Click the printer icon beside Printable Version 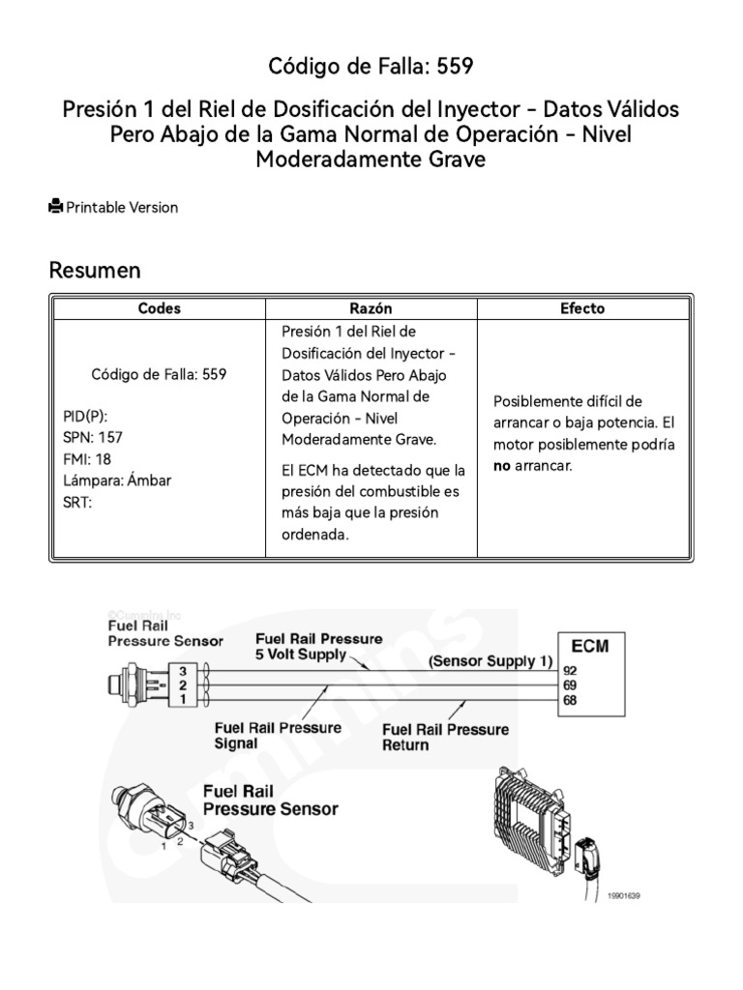[56, 206]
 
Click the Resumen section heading [95, 270]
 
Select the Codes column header [159, 308]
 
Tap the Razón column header [372, 308]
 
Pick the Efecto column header [582, 308]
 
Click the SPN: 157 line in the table [88, 437]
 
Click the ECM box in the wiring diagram [589, 646]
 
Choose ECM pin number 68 [570, 700]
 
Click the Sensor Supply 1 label [490, 661]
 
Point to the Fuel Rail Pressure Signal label [278, 736]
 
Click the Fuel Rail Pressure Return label [445, 737]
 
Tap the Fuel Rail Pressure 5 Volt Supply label [318, 647]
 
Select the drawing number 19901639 [624, 896]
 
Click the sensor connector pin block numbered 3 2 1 [180, 684]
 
